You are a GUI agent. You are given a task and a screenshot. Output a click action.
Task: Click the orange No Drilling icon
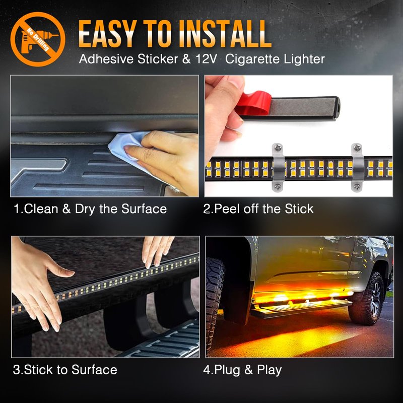coord(38,39)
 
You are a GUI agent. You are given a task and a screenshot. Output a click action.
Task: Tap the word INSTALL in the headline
coord(225,34)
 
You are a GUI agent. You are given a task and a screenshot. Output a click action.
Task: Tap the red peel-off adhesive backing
coord(253,104)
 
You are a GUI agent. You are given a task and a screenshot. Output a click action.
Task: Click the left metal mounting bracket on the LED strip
coord(279,167)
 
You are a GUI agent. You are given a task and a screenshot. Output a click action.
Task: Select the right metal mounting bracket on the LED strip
coord(358,167)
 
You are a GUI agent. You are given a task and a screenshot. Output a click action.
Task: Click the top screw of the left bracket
coord(278,148)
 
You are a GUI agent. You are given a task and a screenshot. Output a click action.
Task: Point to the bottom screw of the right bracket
coord(357,186)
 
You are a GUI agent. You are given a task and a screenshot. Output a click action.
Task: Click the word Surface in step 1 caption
coord(144,209)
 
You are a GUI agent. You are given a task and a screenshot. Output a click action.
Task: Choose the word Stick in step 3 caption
coord(39,370)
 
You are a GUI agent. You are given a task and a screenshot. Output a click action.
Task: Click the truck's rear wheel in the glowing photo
coord(370,299)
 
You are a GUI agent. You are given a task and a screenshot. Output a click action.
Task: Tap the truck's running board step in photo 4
coord(301,309)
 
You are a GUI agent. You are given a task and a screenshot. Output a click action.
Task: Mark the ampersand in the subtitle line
coord(186,59)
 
